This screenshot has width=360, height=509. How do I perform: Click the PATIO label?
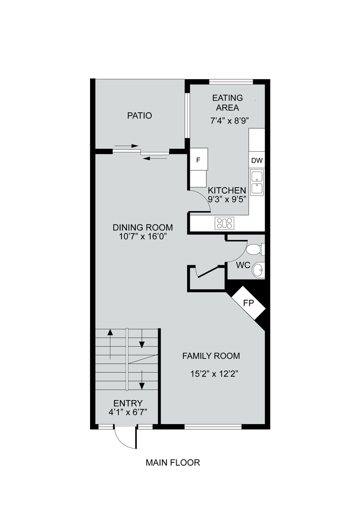pos(139,115)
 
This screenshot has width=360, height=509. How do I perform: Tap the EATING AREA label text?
pos(228,103)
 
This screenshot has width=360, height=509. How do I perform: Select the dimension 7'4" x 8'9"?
pos(229,121)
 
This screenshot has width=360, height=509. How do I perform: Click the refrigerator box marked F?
pos(198,160)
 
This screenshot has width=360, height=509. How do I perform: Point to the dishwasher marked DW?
pos(257,161)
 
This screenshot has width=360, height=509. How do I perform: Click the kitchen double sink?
pos(257,182)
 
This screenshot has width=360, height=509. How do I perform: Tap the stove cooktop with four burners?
pos(224,223)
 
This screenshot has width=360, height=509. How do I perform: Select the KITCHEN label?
pos(227,190)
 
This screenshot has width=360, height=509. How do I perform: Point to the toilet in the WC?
pos(255,249)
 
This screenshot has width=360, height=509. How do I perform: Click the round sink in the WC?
pos(258,270)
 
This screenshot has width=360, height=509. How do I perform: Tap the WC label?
pos(243,265)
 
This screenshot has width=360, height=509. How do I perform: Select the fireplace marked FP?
pos(248,303)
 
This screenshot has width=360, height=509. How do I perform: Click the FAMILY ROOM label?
pos(211,356)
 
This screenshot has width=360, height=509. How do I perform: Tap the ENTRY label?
pos(128,403)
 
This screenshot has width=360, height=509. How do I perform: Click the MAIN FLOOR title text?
pos(172,462)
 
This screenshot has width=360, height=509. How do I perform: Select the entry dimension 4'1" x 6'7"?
pos(128,412)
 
